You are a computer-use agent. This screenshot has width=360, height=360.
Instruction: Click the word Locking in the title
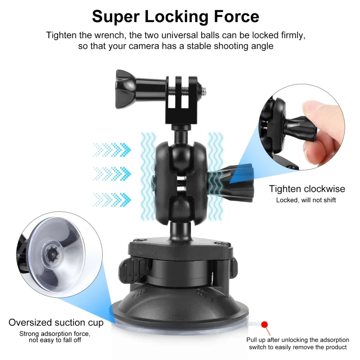click(x=177, y=17)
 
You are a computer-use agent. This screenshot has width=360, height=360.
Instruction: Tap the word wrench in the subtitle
click(x=110, y=36)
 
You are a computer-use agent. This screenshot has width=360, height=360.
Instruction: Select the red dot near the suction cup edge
click(x=264, y=324)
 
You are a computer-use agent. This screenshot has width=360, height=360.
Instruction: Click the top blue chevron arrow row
click(x=112, y=150)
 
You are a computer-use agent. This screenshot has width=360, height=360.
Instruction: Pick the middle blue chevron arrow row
click(x=112, y=174)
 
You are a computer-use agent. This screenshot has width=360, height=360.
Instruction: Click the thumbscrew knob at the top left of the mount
click(x=126, y=89)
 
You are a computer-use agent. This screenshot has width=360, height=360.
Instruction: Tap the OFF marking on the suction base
click(x=206, y=296)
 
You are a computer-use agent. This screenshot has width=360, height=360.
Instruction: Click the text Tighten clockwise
click(x=307, y=189)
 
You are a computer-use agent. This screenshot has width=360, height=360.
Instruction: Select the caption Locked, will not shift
click(x=306, y=200)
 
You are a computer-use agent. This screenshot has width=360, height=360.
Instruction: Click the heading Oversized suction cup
click(x=56, y=323)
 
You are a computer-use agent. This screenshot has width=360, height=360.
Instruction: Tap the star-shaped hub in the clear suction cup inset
click(x=52, y=254)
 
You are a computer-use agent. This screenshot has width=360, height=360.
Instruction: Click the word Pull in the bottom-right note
click(x=252, y=340)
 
